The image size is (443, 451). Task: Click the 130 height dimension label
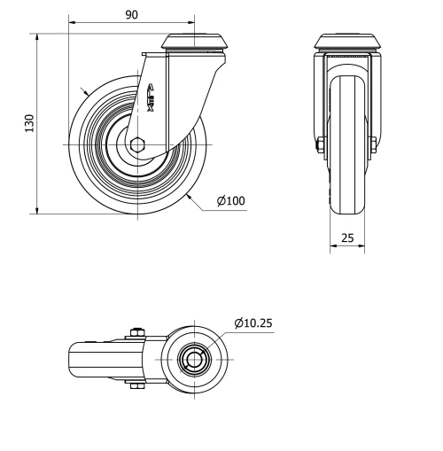[x=29, y=124]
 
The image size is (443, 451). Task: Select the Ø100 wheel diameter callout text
[x=231, y=200]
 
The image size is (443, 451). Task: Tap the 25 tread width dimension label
[x=347, y=238]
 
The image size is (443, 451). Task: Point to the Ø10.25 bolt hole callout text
[x=253, y=323]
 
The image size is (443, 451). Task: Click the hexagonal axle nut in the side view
[x=136, y=144]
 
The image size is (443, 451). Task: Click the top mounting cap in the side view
[x=196, y=43]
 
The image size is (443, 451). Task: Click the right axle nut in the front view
[x=376, y=145]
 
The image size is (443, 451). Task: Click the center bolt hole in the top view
[x=192, y=360]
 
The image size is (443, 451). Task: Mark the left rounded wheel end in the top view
[x=75, y=360]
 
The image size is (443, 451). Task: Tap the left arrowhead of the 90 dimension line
[x=71, y=24]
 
